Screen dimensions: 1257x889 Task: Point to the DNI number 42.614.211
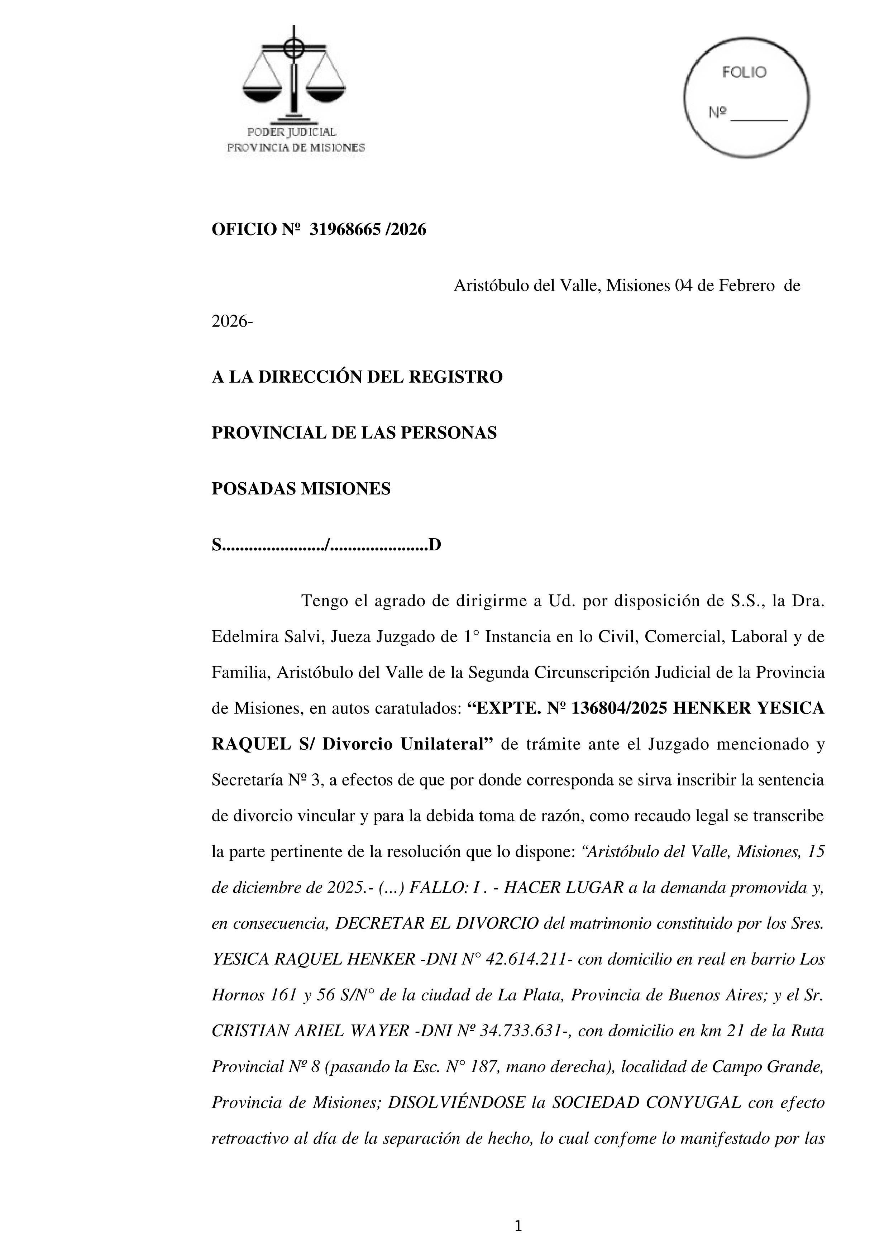pyautogui.click(x=526, y=959)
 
